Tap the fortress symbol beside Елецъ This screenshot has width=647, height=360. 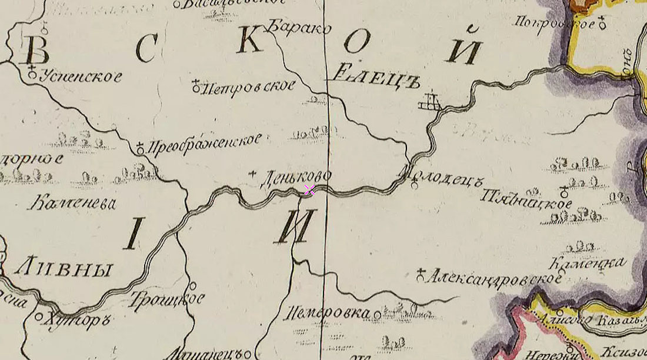[x=430, y=101]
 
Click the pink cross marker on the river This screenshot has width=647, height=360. [x=309, y=189]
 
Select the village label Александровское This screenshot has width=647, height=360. [x=494, y=276]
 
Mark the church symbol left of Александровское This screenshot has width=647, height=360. [x=421, y=274]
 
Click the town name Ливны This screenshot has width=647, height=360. [x=62, y=269]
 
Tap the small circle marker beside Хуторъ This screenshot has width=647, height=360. [x=39, y=316]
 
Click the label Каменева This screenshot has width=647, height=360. [x=72, y=204]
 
